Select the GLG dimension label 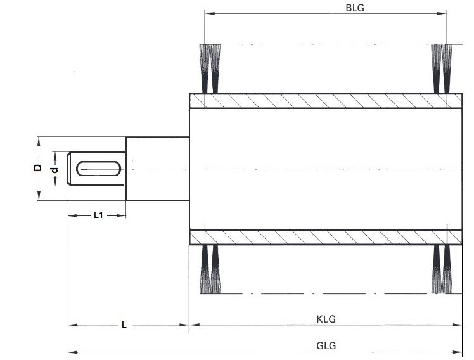(326, 346)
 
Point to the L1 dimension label (99, 215)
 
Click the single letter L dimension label (124, 325)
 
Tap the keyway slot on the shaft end (98, 169)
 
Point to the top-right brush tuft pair (440, 67)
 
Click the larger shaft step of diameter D (157, 169)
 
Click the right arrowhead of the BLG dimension (444, 13)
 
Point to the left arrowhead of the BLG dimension (208, 13)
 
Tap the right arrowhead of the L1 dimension (123, 215)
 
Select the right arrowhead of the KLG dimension (459, 325)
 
